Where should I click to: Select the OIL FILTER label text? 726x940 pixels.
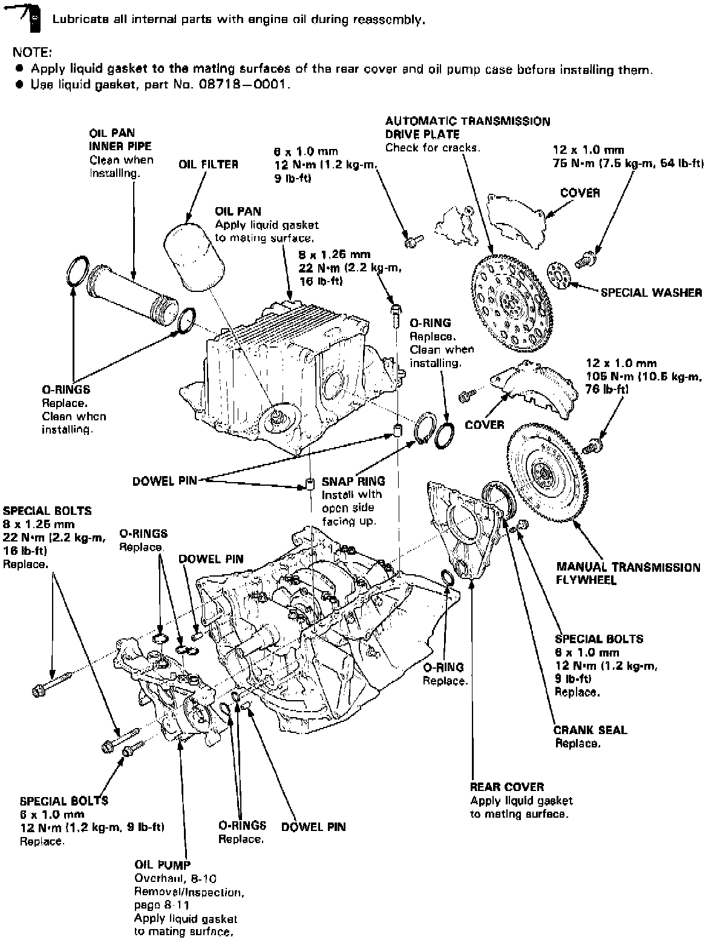(208, 164)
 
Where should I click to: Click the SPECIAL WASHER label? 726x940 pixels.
(651, 293)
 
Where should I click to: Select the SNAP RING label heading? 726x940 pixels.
(353, 482)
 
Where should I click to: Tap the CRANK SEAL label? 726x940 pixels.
(590, 730)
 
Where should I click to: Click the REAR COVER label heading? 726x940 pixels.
(507, 787)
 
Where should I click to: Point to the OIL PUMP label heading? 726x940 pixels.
(162, 865)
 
